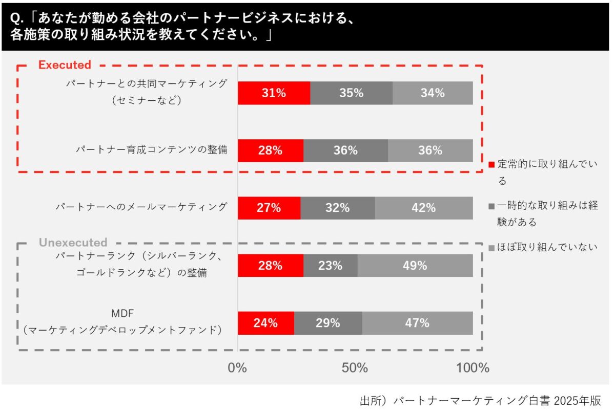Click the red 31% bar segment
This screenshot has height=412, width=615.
pos(274,93)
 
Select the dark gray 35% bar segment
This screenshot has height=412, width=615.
pos(351,93)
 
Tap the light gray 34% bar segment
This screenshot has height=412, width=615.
pos(433,93)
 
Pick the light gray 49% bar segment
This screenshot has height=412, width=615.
pos(415,266)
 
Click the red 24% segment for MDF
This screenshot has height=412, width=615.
pos(265,323)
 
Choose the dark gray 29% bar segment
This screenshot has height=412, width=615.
pos(328,323)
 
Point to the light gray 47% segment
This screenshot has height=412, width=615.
pos(417,323)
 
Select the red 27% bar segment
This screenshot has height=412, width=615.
pos(269,208)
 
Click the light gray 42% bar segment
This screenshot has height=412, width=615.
pos(423,208)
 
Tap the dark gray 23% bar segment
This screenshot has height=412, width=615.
pos(330,266)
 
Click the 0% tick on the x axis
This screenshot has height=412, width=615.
pos(237,368)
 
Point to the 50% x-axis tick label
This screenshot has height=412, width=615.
pos(355,368)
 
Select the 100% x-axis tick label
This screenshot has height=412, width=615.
pos(472,368)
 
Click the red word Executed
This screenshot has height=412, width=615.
pos(65,65)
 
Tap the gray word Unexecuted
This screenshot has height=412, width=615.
pos(73,243)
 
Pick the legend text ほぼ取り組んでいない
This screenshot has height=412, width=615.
pos(548,248)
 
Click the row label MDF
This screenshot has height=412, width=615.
pos(122,312)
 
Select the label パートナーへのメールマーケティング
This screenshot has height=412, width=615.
pos(141,207)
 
